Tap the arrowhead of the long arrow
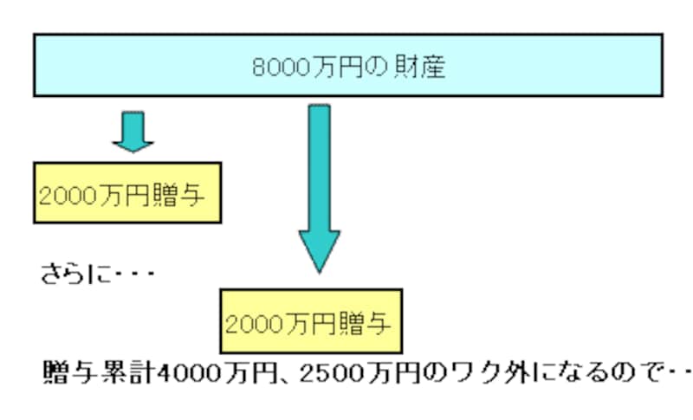(x=320, y=250)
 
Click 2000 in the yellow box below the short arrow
(x=66, y=193)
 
